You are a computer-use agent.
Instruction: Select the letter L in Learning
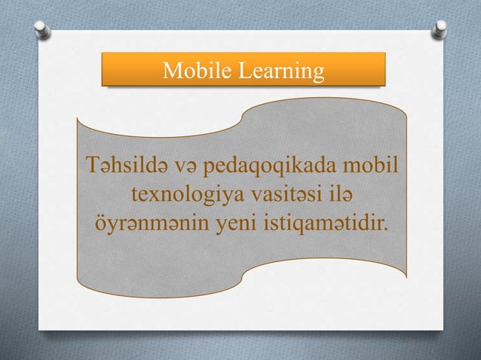pos(244,72)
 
